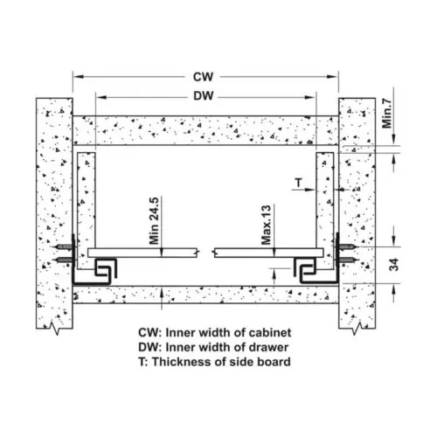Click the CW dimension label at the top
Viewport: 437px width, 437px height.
(203, 77)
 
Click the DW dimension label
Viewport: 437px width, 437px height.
(204, 96)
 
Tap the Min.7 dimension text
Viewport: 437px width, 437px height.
(387, 114)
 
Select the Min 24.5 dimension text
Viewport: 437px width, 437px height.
(154, 221)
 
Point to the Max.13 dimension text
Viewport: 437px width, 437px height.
(266, 225)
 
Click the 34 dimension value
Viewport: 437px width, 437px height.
(394, 265)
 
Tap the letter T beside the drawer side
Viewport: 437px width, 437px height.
(298, 183)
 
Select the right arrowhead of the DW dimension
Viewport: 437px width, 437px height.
(310, 97)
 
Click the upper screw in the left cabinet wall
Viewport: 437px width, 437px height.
(64, 247)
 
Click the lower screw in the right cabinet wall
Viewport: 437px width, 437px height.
(347, 260)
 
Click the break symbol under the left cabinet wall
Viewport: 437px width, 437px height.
(55, 328)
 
